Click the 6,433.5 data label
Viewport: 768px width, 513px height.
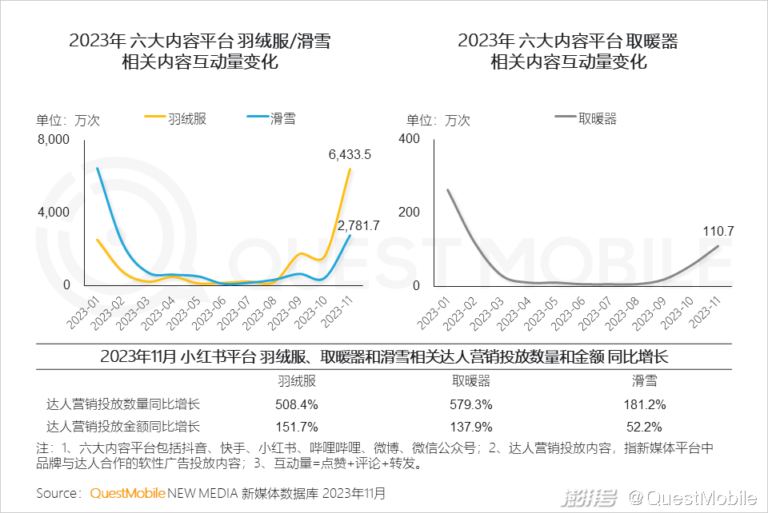350,155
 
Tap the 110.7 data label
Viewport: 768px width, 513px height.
718,232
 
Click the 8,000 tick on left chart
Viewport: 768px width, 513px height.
54,139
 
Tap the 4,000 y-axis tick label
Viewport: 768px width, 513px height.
54,213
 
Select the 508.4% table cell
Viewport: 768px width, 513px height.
297,404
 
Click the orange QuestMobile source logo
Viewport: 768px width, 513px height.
128,494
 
